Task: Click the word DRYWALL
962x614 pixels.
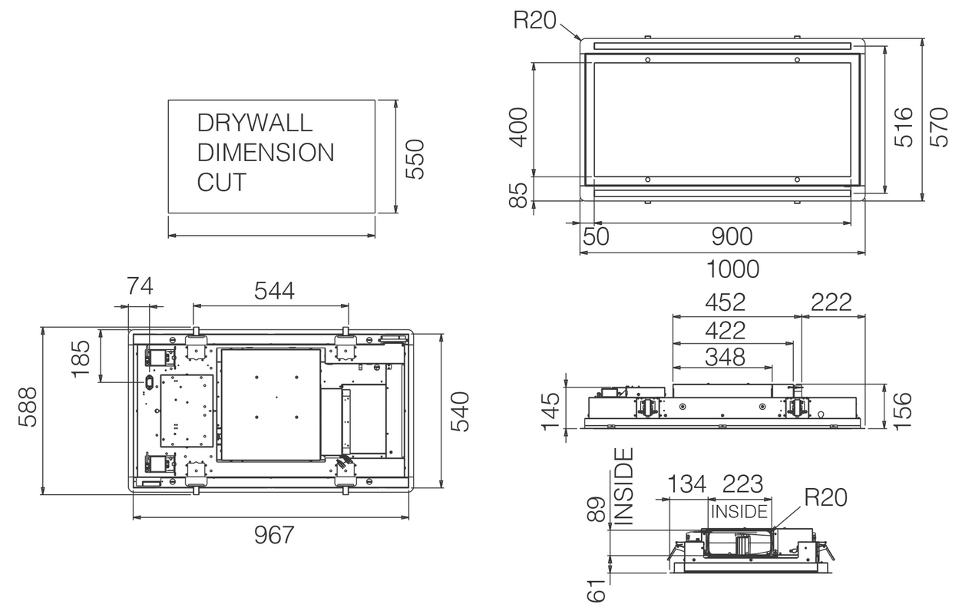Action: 255,123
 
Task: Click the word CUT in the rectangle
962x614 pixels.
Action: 222,183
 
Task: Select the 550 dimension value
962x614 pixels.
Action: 415,160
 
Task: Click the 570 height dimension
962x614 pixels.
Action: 940,126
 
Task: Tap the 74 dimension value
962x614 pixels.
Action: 140,287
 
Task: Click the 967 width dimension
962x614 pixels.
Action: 274,535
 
